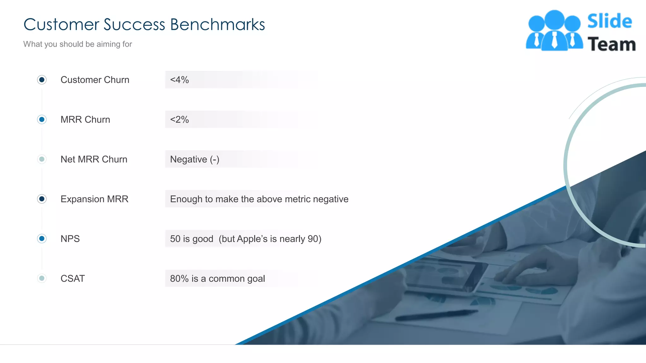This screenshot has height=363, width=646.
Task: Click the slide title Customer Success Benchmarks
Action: click(144, 25)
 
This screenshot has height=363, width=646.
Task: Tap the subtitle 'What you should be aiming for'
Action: click(78, 44)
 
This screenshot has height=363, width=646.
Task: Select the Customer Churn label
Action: click(95, 80)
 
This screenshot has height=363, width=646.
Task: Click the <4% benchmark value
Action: click(179, 80)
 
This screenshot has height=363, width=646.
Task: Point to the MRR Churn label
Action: click(85, 119)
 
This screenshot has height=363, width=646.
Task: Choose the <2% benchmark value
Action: click(179, 119)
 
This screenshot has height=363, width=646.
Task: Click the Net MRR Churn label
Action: click(94, 159)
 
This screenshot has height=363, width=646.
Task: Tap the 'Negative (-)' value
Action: click(195, 159)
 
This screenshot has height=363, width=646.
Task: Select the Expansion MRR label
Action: click(94, 199)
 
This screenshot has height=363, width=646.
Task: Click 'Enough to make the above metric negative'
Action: click(259, 199)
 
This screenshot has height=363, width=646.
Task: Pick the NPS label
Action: click(70, 239)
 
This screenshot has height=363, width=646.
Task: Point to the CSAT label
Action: click(73, 278)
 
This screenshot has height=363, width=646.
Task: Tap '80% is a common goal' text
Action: click(217, 278)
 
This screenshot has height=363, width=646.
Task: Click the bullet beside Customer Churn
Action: click(42, 80)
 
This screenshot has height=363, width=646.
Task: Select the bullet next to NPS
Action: click(42, 239)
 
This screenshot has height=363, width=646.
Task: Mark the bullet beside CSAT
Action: click(42, 278)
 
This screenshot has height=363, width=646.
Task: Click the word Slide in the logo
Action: click(609, 21)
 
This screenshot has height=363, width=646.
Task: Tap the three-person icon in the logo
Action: click(554, 31)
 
